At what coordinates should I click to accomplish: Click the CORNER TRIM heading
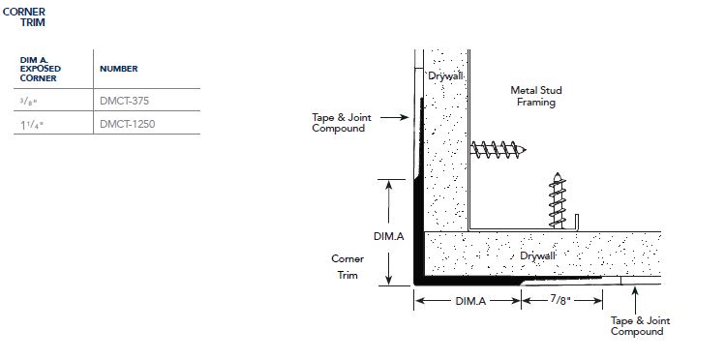[24, 17]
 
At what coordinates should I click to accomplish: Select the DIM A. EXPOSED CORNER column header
[41, 70]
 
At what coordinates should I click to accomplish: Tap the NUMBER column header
[119, 69]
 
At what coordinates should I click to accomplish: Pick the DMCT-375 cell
[124, 101]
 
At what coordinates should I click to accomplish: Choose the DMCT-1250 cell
[127, 124]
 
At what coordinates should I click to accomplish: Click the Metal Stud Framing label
[536, 96]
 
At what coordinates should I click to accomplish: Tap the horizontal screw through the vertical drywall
[498, 150]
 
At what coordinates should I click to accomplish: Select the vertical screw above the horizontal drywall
[558, 200]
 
